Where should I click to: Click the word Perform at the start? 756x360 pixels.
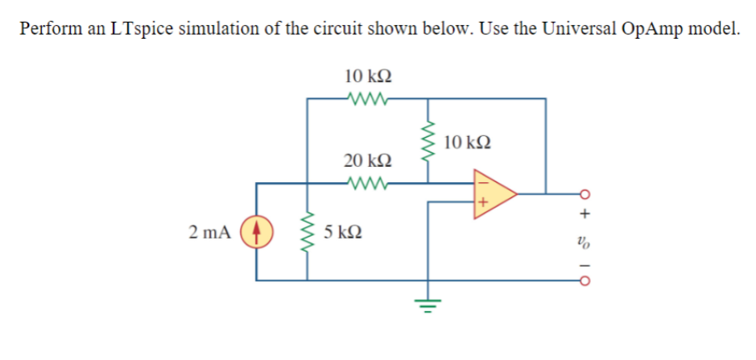(48, 28)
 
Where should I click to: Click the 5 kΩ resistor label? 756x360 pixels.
(342, 233)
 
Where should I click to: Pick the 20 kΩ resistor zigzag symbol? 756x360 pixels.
(367, 183)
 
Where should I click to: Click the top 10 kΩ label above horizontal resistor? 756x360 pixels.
(368, 77)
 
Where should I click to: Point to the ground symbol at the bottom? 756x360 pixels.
(428, 305)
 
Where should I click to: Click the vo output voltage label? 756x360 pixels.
(585, 239)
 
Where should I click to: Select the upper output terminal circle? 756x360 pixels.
(585, 194)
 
